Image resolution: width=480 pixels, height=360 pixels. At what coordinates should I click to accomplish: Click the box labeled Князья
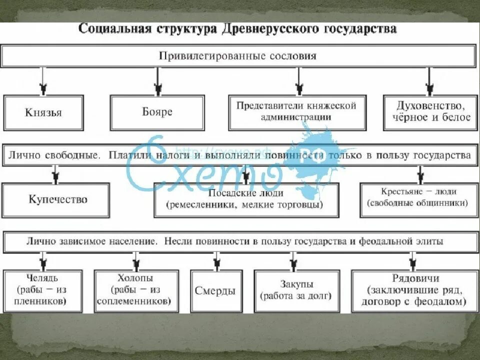tap(43, 113)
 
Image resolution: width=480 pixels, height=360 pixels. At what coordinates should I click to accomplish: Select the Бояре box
tap(157, 112)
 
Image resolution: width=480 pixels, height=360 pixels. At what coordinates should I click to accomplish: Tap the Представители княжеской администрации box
tap(297, 112)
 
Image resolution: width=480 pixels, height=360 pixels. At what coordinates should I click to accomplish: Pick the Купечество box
tap(55, 199)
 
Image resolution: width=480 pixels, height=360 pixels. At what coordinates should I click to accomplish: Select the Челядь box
tap(42, 290)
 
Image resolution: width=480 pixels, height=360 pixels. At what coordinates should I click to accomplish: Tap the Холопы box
tap(136, 290)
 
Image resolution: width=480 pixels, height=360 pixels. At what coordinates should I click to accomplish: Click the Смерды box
tap(215, 291)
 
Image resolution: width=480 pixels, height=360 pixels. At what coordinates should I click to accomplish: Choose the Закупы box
tap(296, 290)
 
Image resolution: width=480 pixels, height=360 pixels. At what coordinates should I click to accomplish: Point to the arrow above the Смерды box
tap(216, 260)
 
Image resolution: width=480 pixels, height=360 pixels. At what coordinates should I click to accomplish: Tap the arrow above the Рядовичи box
tap(412, 260)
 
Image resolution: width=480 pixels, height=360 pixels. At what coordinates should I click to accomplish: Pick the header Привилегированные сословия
tap(237, 56)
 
